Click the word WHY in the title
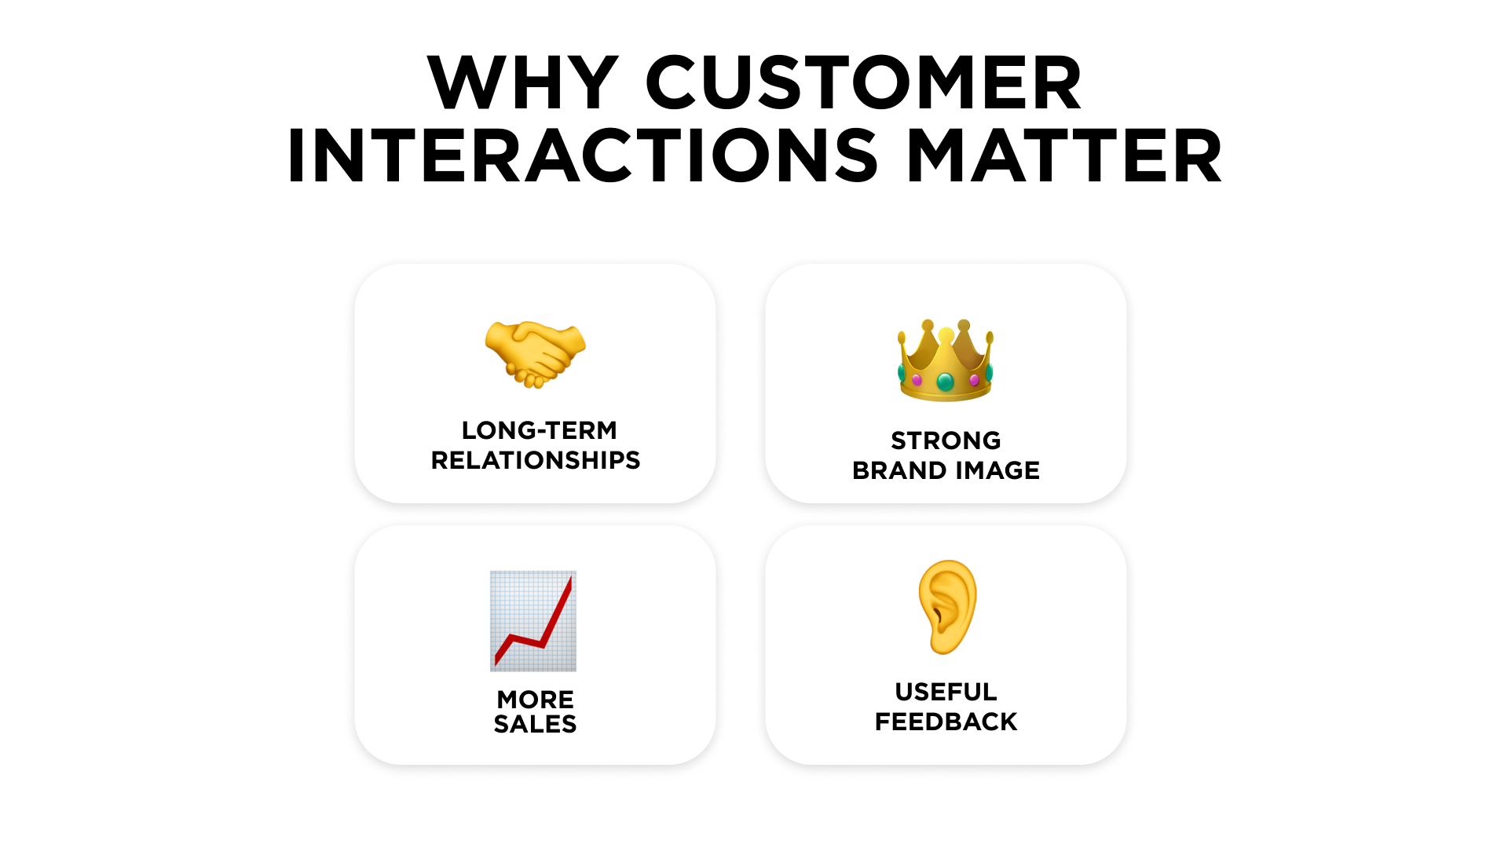click(523, 82)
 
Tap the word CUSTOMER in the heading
click(864, 82)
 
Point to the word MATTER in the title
click(1064, 156)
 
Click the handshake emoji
click(536, 354)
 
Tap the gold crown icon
click(946, 360)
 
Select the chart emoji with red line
click(533, 621)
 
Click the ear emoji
click(947, 607)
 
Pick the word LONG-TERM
click(540, 430)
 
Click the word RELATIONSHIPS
click(536, 460)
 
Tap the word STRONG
click(946, 440)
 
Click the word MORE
click(536, 699)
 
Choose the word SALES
click(536, 724)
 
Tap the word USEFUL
click(946, 692)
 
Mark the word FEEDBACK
click(946, 722)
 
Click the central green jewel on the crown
click(946, 382)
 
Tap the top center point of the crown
click(946, 336)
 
